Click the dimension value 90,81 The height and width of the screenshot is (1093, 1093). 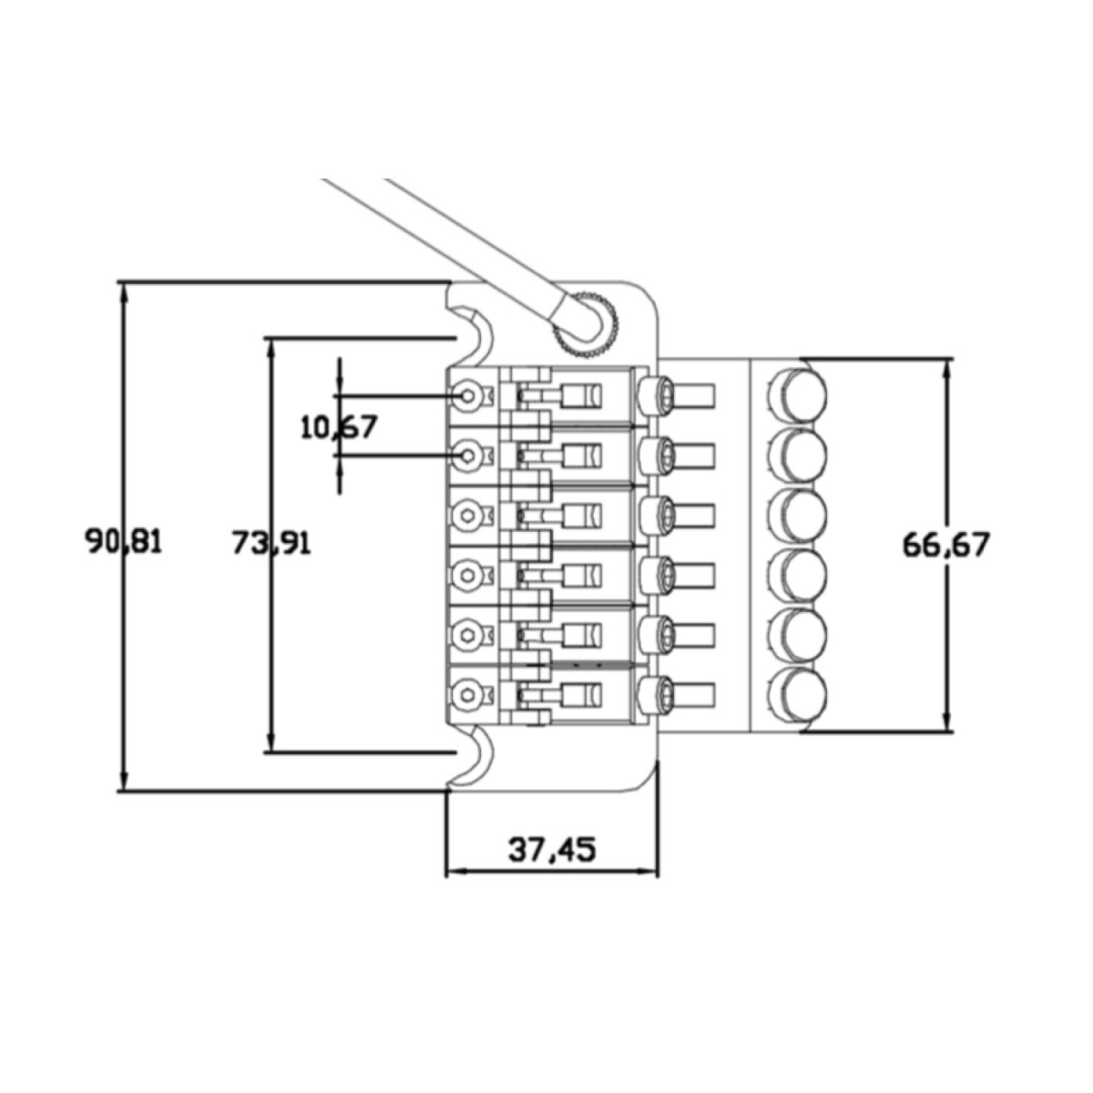pyautogui.click(x=124, y=542)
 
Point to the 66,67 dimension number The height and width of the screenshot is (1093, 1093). pyautogui.click(x=945, y=545)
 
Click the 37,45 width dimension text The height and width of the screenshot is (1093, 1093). pyautogui.click(x=551, y=850)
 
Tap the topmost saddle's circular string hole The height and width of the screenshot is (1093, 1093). pyautogui.click(x=467, y=394)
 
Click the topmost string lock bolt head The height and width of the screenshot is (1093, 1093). pyautogui.click(x=658, y=394)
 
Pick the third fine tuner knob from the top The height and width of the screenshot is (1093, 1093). pyautogui.click(x=799, y=513)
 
